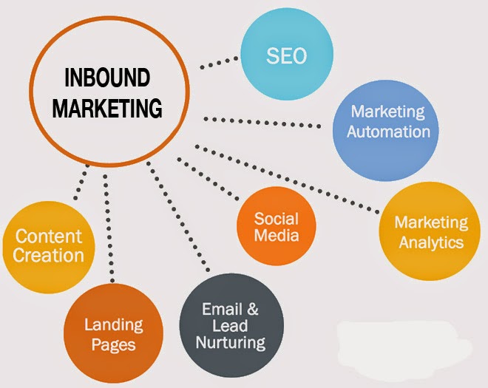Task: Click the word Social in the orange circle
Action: click(276, 219)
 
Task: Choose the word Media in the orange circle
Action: click(276, 236)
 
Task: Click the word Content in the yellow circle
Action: click(49, 237)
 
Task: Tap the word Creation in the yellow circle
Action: click(49, 256)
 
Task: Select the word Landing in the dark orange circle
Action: click(113, 325)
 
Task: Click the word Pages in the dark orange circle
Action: click(113, 344)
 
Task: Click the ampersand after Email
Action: click(252, 310)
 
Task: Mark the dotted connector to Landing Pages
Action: click(109, 229)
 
